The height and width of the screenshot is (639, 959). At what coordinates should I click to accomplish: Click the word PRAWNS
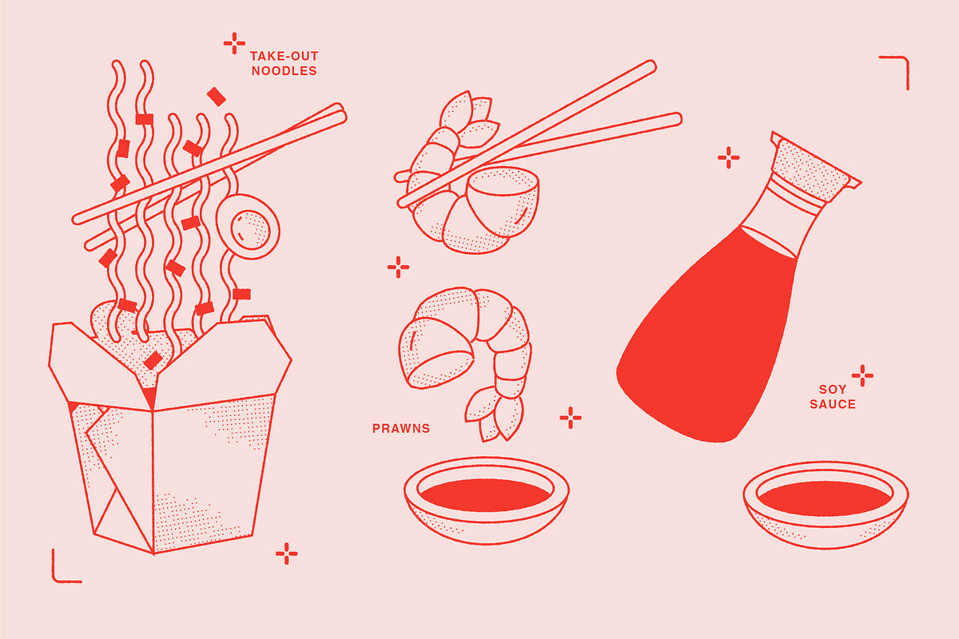click(400, 428)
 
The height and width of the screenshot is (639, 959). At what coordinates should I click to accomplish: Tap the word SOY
click(833, 390)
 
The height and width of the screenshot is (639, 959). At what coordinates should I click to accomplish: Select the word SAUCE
click(833, 404)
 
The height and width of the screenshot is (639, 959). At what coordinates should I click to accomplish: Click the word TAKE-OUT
click(284, 56)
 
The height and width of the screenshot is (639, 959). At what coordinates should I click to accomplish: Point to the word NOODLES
click(284, 71)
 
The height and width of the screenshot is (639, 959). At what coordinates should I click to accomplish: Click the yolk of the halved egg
click(250, 230)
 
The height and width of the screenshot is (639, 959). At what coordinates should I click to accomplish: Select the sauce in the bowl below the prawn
click(485, 494)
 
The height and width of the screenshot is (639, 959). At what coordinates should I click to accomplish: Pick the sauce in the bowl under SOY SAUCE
click(825, 498)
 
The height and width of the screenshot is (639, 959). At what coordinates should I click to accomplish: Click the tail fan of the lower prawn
click(495, 415)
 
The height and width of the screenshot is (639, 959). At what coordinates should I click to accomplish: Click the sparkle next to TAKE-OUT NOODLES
click(234, 43)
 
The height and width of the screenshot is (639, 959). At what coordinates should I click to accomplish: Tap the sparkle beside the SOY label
click(862, 375)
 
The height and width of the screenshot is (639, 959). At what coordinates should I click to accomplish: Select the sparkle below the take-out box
click(286, 554)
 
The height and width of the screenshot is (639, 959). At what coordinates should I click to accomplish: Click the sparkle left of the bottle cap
click(729, 157)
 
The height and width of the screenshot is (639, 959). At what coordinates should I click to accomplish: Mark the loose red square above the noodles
click(217, 97)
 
